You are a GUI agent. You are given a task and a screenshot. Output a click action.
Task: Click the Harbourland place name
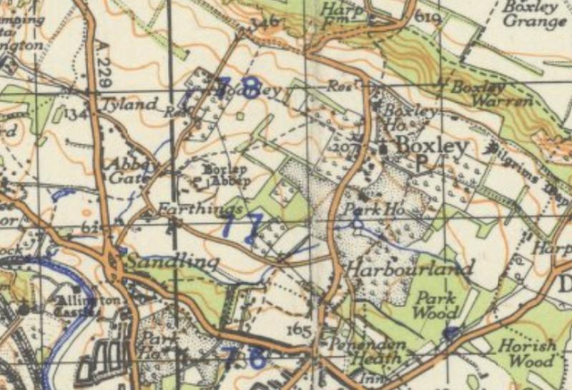tap(410, 269)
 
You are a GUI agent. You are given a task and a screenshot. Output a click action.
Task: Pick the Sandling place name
tap(172, 262)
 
